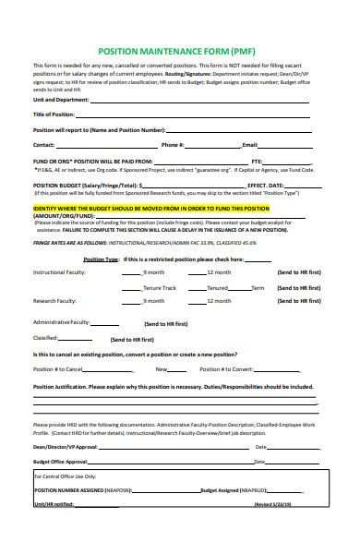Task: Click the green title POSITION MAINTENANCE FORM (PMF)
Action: coord(180,54)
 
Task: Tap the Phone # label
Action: coord(173,145)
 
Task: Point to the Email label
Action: coord(249,145)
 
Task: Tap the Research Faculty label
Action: coord(55,301)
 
